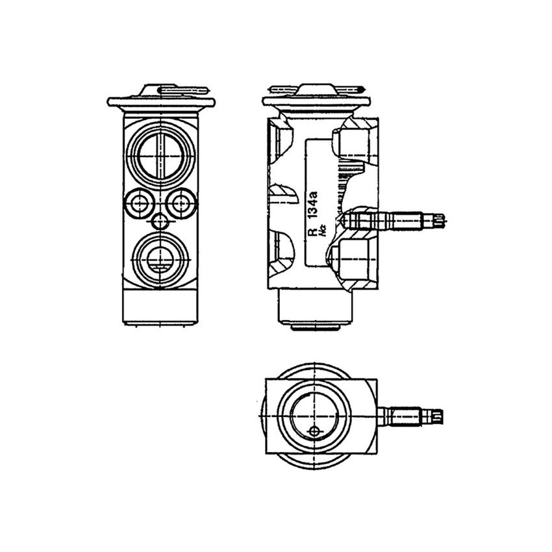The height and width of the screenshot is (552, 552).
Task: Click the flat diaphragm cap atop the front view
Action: pyautogui.click(x=160, y=101)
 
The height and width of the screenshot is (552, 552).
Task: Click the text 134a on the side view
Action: pyautogui.click(x=312, y=204)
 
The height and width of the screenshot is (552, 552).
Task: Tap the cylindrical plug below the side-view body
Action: pyautogui.click(x=315, y=308)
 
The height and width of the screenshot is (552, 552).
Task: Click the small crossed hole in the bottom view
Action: pyautogui.click(x=315, y=432)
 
